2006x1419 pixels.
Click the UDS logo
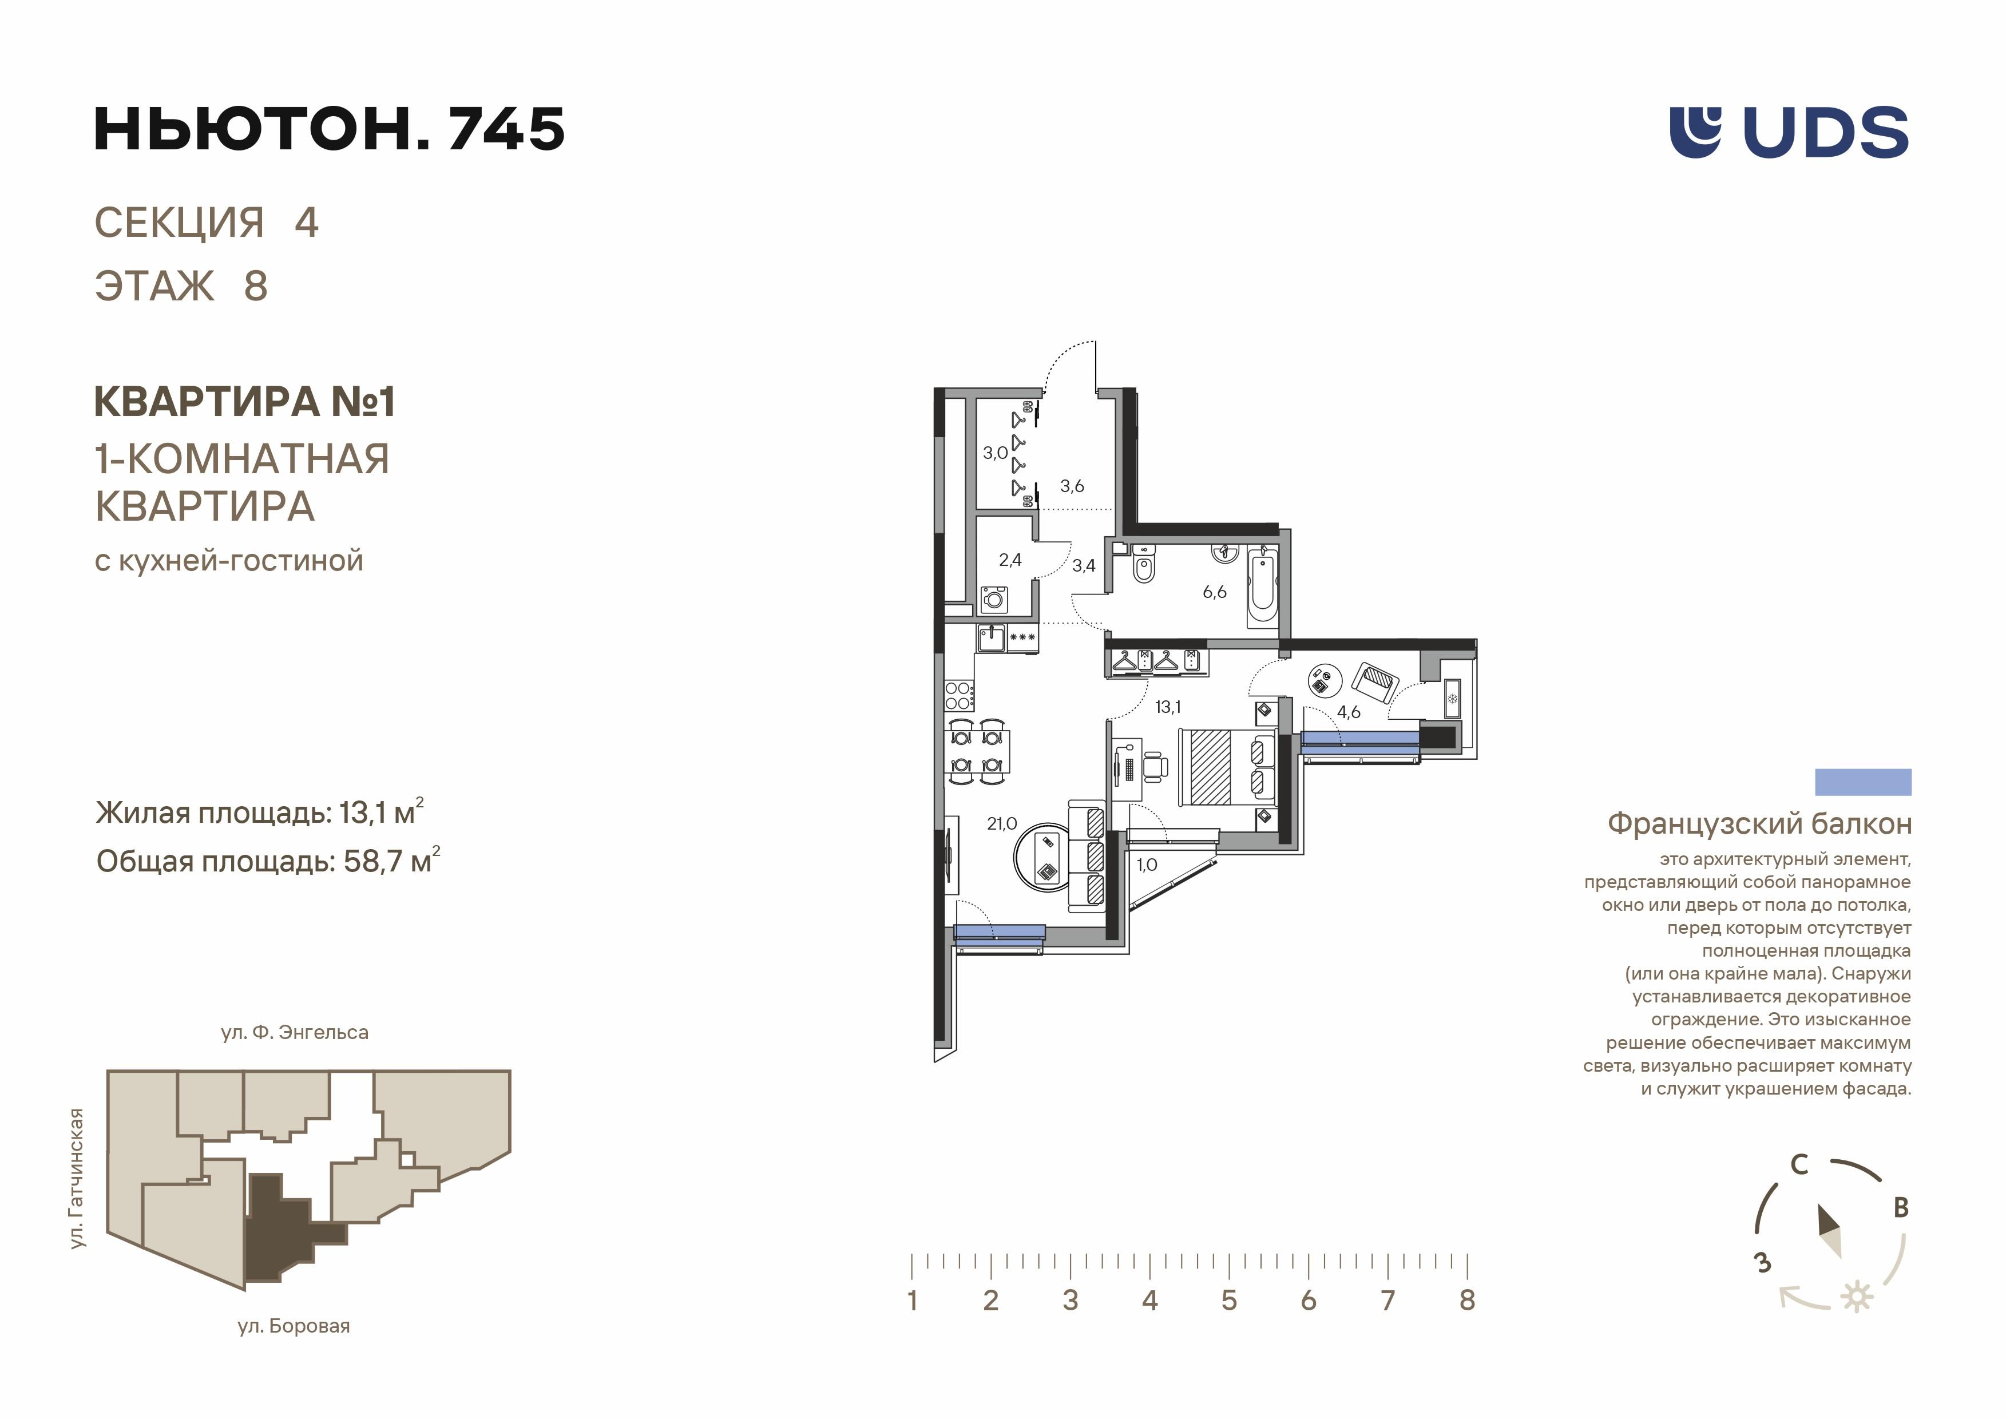coord(1789,133)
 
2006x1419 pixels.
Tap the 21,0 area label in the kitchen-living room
coord(1001,823)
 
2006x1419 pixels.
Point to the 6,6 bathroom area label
coord(1215,592)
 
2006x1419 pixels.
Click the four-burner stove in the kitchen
coord(958,696)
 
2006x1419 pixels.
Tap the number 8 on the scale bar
coord(1467,1300)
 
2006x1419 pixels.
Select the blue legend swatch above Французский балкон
coord(1863,782)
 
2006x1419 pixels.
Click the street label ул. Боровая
coord(294,1326)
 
